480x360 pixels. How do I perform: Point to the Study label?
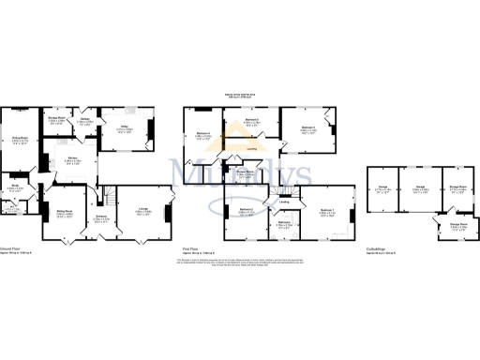click(x=14, y=185)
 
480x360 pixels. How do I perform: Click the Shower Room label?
click(x=245, y=172)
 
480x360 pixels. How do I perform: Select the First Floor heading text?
click(x=192, y=248)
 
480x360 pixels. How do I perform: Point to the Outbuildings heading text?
click(x=377, y=248)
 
